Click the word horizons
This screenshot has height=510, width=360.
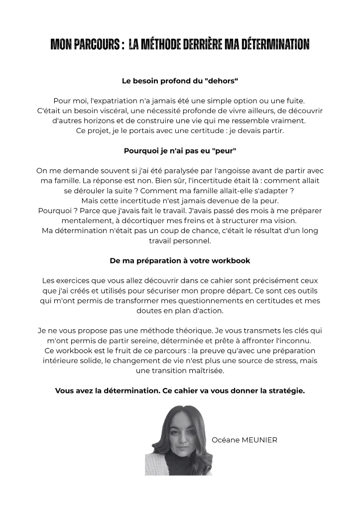[94, 121]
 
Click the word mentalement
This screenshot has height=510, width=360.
[82, 220]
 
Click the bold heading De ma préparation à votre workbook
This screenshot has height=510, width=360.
[180, 260]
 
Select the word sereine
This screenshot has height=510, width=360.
[172, 340]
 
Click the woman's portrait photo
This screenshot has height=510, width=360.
[178, 440]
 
